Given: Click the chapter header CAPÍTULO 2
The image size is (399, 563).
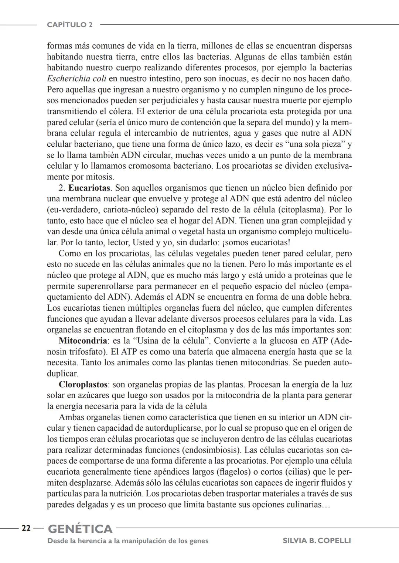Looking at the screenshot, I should [x=70, y=25].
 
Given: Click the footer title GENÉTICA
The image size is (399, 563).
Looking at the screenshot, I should [x=80, y=529].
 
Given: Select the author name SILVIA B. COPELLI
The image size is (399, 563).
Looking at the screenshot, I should [x=316, y=541].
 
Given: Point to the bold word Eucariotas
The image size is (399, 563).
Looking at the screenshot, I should [x=89, y=188].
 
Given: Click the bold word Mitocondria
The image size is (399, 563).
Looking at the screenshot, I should [x=83, y=341].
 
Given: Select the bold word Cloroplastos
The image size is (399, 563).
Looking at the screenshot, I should [x=83, y=385].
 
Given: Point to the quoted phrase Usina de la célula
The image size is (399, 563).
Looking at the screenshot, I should [x=173, y=341].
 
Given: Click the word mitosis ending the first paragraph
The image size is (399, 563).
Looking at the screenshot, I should [x=100, y=177].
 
